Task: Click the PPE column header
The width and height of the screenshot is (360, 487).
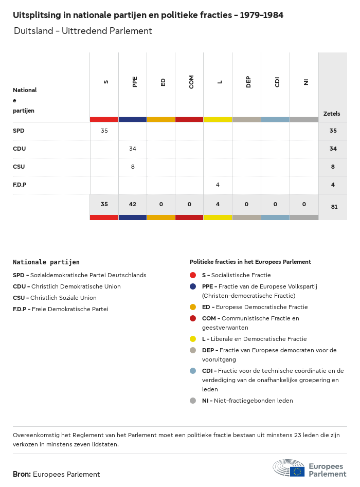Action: tap(135, 82)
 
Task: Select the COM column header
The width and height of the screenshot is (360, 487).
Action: tap(191, 82)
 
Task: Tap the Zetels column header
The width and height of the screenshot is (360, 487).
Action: tap(332, 114)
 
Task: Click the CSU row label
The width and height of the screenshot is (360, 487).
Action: tap(19, 167)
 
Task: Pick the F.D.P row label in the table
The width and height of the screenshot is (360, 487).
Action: tap(20, 185)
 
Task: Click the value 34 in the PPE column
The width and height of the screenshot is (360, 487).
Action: tap(133, 149)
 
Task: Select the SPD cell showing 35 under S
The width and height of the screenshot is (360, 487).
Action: tap(104, 131)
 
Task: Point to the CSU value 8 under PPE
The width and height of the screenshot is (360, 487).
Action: tap(133, 167)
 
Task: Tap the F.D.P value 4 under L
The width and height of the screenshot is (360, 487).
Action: tap(218, 185)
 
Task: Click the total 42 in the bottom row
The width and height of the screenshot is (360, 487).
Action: tap(133, 204)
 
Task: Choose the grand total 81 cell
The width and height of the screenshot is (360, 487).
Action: tap(333, 207)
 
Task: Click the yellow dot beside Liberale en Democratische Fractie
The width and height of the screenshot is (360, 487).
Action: tap(193, 339)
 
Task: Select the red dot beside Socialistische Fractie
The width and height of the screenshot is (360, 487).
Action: tap(193, 275)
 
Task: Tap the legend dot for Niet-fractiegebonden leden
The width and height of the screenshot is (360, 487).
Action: tap(193, 401)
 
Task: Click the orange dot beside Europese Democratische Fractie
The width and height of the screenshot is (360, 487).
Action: tap(193, 307)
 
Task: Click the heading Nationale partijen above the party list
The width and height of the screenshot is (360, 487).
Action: tap(46, 262)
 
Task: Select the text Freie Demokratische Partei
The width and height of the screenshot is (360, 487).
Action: tap(69, 309)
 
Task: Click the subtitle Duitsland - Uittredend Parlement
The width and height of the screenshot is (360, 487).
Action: tap(83, 31)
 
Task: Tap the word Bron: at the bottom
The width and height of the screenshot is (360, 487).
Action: tap(22, 474)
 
